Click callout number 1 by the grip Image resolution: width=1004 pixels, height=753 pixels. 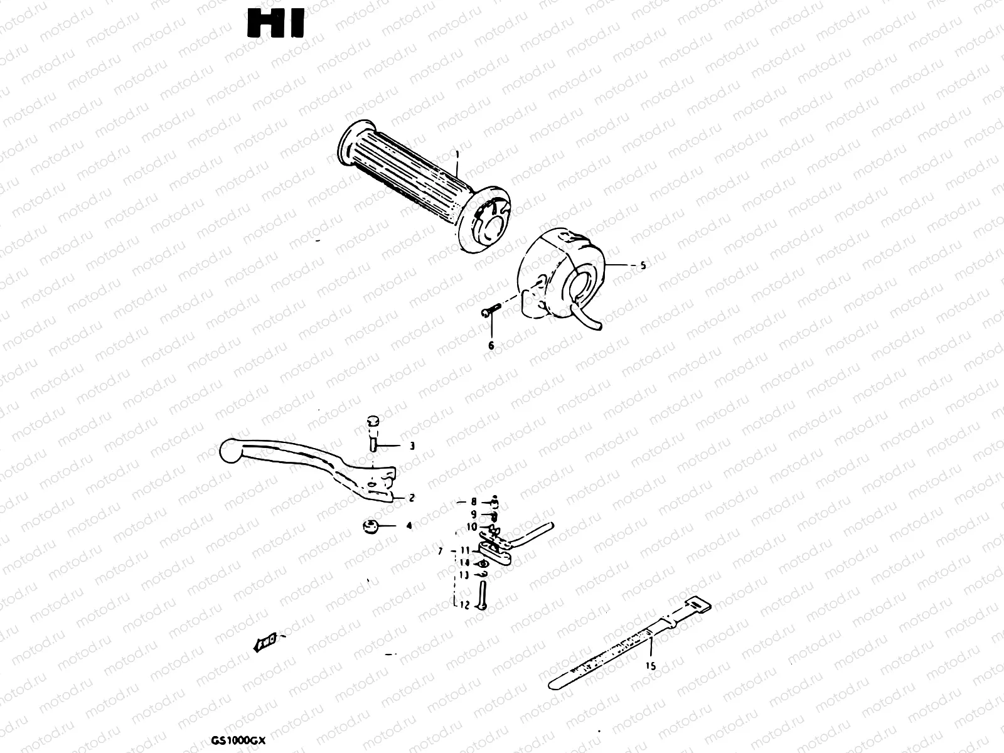pyautogui.click(x=457, y=154)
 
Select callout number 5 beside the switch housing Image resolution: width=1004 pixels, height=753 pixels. pyautogui.click(x=642, y=265)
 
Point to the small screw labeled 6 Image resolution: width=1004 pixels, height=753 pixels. pyautogui.click(x=490, y=310)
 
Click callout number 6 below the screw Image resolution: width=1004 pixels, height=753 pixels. pyautogui.click(x=491, y=346)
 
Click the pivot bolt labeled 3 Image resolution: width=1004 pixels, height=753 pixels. pyautogui.click(x=372, y=433)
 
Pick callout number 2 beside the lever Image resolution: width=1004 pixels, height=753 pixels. pyautogui.click(x=412, y=498)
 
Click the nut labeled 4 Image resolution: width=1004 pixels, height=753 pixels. pyautogui.click(x=369, y=526)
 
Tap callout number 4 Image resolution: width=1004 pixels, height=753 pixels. pyautogui.click(x=409, y=526)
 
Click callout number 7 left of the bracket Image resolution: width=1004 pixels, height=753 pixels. pyautogui.click(x=441, y=550)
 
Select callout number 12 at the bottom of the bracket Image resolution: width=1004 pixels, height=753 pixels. pyautogui.click(x=464, y=606)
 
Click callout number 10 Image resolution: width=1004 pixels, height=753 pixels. pyautogui.click(x=471, y=527)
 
